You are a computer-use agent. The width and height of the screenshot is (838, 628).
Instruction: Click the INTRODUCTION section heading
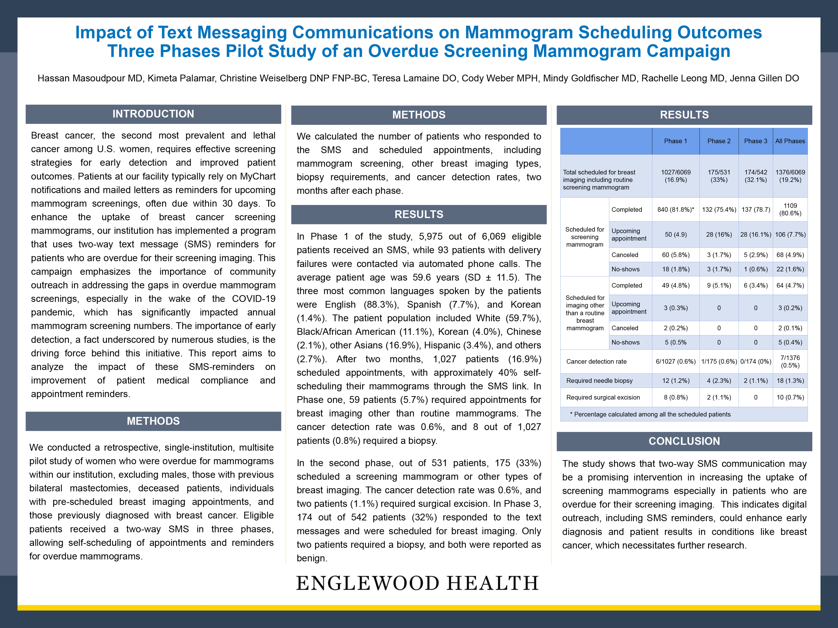(x=153, y=114)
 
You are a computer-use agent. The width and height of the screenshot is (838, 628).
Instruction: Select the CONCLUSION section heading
(x=684, y=441)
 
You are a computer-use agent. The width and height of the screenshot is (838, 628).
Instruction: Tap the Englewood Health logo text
(x=417, y=583)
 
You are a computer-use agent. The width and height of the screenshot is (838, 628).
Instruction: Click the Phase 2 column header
(x=719, y=141)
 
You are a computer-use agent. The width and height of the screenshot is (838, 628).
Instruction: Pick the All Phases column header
(x=790, y=141)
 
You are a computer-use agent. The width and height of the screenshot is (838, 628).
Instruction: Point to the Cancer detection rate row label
(x=596, y=361)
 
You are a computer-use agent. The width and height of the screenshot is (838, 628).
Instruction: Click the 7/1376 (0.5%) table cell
(x=790, y=361)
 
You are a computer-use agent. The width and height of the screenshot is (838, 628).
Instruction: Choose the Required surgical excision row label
(x=603, y=397)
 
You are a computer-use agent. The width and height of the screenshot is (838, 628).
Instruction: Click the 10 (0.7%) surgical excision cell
(x=790, y=397)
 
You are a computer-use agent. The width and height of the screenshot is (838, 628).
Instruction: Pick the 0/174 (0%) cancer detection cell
(x=756, y=361)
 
